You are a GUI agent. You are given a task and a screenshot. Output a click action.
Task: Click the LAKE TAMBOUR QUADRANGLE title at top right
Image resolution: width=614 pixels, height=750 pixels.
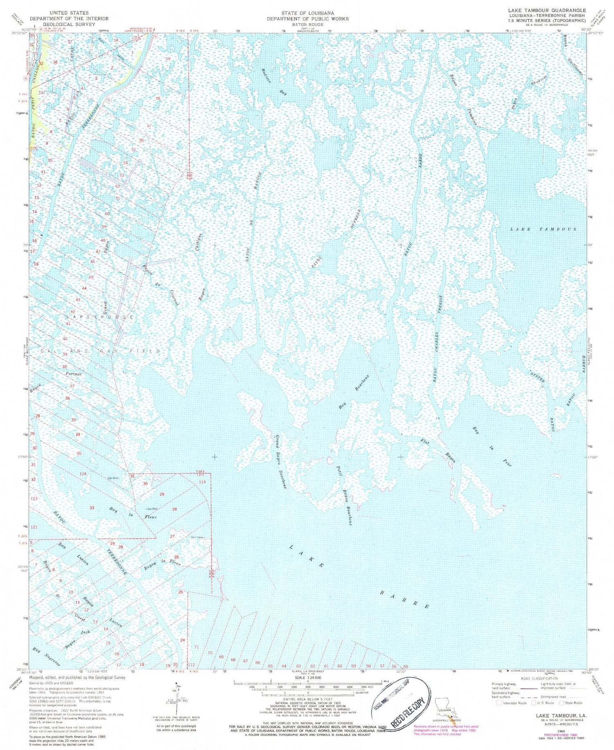(547, 10)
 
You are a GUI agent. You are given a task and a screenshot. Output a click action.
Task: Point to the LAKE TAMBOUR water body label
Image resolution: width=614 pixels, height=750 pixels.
(543, 229)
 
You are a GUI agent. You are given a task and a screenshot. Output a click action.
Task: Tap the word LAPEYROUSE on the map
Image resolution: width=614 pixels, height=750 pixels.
(99, 317)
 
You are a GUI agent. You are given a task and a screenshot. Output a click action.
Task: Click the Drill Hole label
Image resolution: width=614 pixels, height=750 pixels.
(197, 537)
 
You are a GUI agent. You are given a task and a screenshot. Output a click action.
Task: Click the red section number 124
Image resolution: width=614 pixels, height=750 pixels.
(83, 474)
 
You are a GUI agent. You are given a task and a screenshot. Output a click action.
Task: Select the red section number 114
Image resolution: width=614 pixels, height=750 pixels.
(202, 482)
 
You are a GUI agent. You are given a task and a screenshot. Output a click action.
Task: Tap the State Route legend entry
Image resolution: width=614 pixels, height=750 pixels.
(571, 703)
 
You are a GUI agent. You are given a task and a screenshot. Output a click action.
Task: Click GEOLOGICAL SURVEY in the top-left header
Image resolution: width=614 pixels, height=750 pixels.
(57, 24)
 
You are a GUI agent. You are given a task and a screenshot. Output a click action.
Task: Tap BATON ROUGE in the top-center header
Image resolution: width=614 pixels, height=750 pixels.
(307, 24)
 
